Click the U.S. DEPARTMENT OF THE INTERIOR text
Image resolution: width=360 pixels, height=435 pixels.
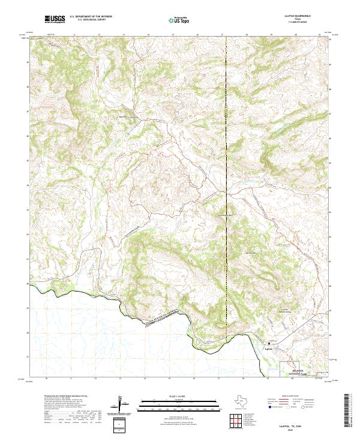tap(91, 17)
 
